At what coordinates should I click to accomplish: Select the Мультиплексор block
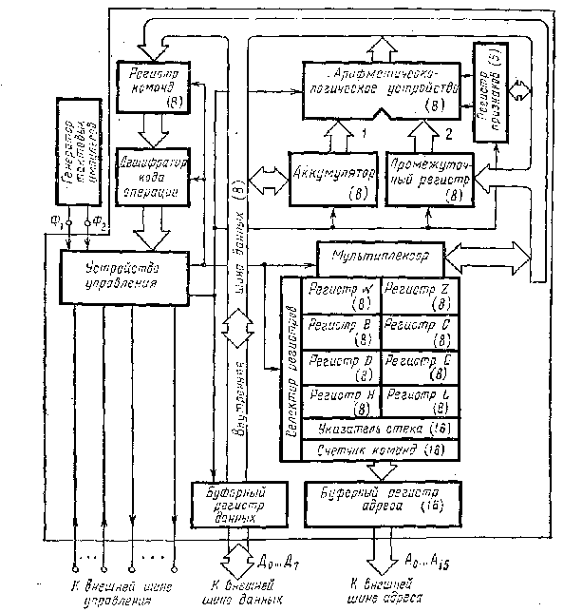click(379, 257)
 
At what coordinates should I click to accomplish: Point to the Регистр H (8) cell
click(339, 399)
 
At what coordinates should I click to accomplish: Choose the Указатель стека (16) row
click(379, 429)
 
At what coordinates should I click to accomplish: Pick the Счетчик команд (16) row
click(379, 449)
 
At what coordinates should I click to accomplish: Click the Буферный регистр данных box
click(234, 503)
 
